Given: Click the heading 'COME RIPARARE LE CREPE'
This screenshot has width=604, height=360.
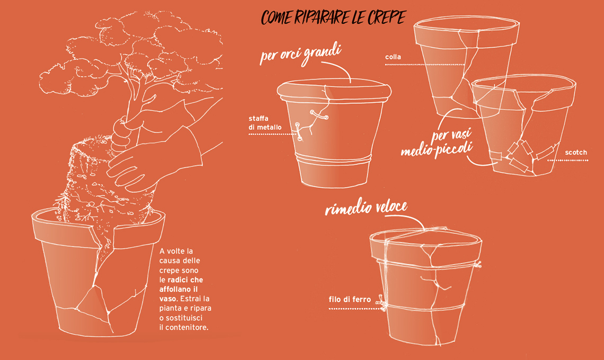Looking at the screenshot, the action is coord(334,17).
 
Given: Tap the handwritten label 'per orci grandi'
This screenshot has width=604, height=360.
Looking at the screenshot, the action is coord(300,54).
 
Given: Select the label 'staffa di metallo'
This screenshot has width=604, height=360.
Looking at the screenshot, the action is coord(265,123).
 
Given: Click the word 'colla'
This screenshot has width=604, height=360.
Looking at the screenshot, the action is coord(393,57).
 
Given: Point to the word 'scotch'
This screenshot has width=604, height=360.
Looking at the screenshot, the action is coord(576,152).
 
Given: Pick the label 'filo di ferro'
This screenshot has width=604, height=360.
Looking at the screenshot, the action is coord(350,300).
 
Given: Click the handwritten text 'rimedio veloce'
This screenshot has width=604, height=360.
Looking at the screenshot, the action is coord(366,208).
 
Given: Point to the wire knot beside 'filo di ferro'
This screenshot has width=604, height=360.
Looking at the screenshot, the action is coord(382,303).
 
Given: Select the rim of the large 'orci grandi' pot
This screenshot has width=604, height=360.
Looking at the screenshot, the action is coord(334,91).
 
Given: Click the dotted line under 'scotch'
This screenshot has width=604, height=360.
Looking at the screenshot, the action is coord(567,160).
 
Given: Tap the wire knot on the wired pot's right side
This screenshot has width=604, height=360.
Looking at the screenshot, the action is coord(478,265).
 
